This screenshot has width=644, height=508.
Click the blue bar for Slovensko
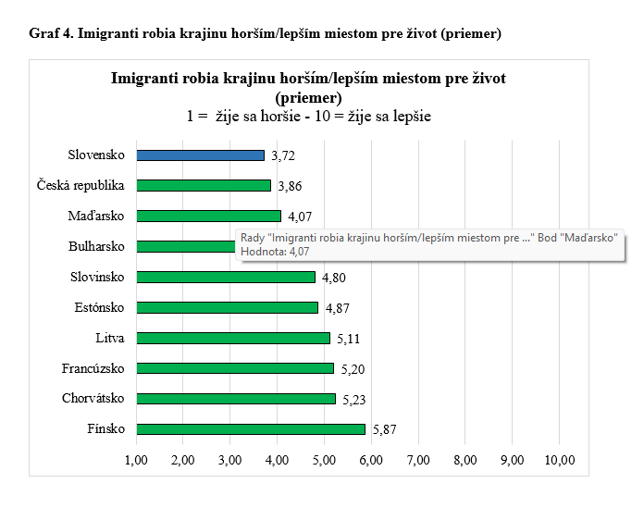point(201,155)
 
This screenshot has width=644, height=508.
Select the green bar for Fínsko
point(251,429)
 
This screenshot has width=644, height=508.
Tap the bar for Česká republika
point(204,185)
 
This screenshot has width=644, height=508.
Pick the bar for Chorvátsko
point(236,399)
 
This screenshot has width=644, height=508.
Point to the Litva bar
point(233,338)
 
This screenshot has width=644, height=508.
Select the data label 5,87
point(383,430)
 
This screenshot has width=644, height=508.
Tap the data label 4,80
point(333,278)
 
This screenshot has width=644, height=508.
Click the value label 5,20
point(352,369)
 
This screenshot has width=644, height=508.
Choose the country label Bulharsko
point(96,247)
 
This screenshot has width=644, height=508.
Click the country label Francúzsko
point(93,368)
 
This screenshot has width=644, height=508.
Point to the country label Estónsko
point(99,307)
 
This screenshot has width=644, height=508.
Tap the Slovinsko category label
point(97,277)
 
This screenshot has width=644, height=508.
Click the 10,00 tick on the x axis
point(559,460)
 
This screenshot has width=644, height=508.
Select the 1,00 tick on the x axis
point(136,460)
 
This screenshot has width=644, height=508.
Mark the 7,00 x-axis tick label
point(418,460)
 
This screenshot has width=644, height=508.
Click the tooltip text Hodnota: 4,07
point(276,250)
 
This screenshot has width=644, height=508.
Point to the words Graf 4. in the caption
point(51,34)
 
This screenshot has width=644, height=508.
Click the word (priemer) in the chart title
point(308,97)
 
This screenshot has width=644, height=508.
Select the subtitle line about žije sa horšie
point(308,117)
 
